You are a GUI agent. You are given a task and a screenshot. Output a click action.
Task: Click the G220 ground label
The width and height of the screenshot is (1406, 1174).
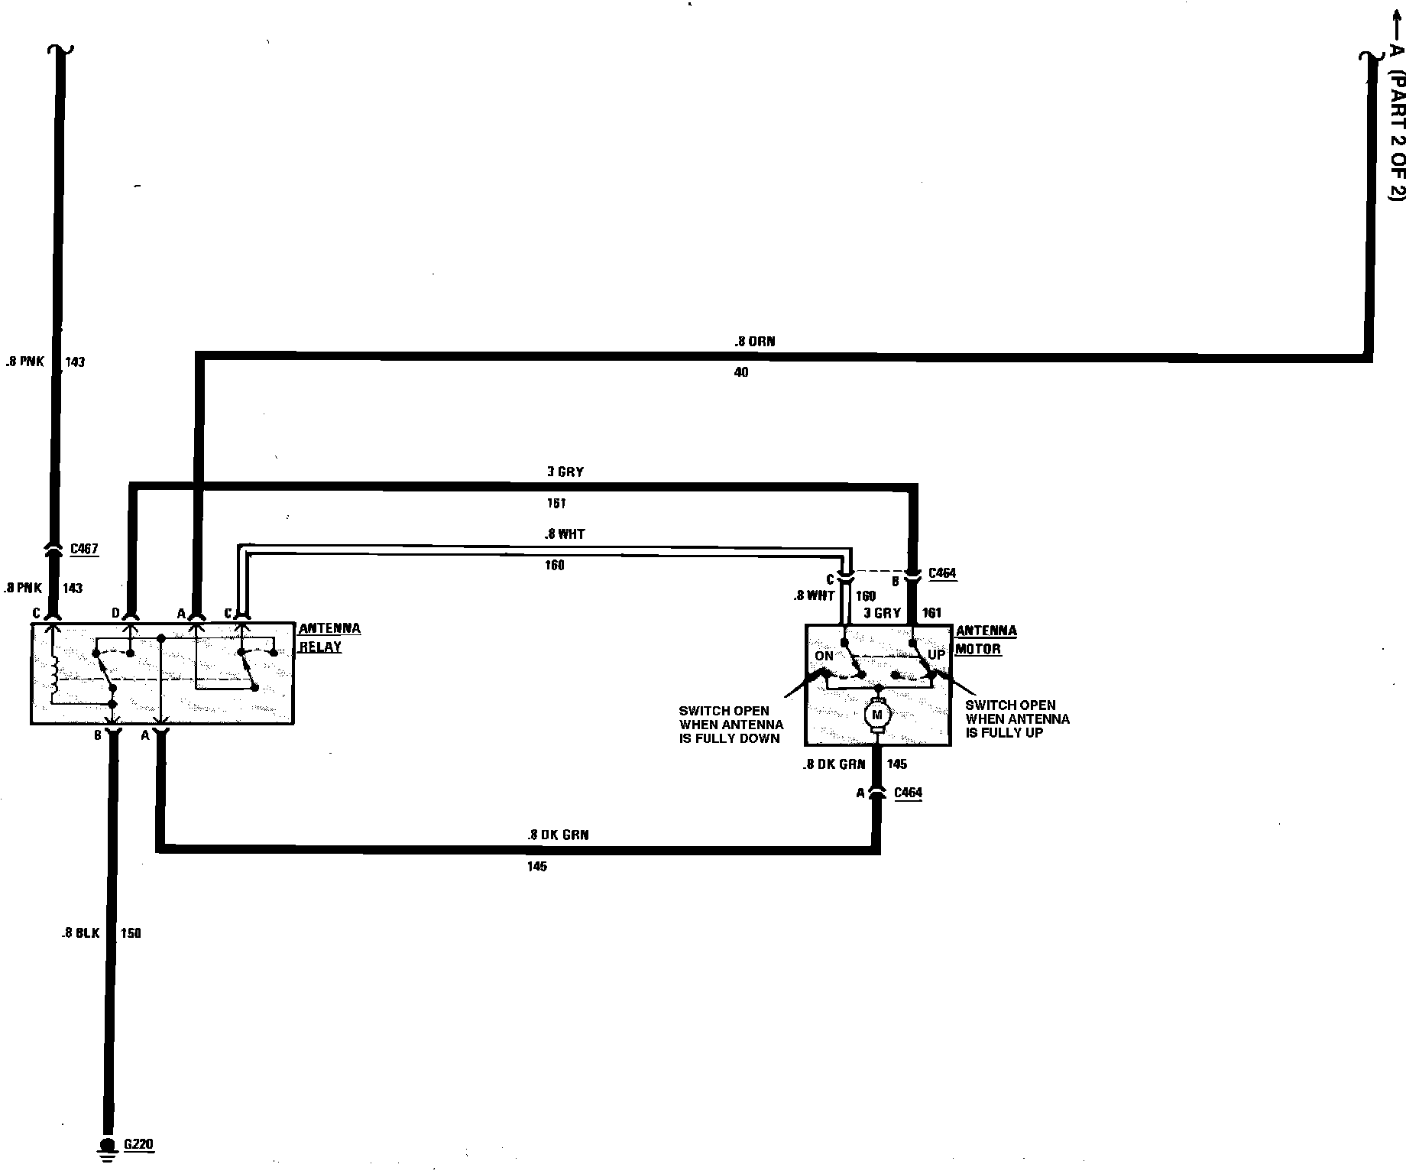[x=138, y=1144]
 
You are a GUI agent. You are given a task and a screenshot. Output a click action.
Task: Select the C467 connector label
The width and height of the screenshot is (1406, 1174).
[x=84, y=549]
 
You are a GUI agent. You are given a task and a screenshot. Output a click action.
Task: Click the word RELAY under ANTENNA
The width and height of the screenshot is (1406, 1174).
[x=320, y=647]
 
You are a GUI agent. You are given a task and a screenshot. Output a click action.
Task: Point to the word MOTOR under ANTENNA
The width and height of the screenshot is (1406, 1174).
[x=978, y=649]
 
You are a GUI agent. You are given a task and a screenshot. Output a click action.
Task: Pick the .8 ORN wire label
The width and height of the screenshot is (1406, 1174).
[x=756, y=341]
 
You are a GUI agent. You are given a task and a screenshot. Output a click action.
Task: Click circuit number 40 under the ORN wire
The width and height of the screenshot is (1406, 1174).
[x=740, y=372]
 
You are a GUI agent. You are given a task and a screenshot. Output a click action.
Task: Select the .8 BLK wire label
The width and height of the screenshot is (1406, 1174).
[x=81, y=933]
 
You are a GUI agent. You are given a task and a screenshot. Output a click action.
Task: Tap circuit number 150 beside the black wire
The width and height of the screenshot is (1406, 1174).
[x=131, y=933]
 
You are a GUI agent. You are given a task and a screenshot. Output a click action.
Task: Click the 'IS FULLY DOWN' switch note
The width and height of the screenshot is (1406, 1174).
[x=729, y=738]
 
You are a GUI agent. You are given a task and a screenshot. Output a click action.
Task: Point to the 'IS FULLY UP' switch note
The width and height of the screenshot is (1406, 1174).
[x=1004, y=732]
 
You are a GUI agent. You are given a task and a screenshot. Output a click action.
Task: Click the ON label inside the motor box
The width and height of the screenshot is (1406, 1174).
[x=824, y=656]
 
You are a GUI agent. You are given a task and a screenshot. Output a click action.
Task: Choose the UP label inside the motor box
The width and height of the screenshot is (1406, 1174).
[x=936, y=655]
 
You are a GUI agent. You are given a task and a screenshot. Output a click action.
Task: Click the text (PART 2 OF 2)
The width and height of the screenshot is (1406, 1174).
[x=1396, y=138]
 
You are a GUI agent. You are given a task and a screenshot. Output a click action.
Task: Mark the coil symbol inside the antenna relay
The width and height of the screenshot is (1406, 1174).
[x=53, y=675]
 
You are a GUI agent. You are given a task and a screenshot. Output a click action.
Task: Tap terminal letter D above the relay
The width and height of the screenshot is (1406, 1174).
[x=116, y=613]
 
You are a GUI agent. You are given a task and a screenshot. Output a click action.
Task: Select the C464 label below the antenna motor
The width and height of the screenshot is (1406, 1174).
[x=908, y=793]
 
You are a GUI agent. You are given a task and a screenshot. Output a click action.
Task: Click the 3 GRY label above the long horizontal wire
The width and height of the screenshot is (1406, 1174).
[x=565, y=472]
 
